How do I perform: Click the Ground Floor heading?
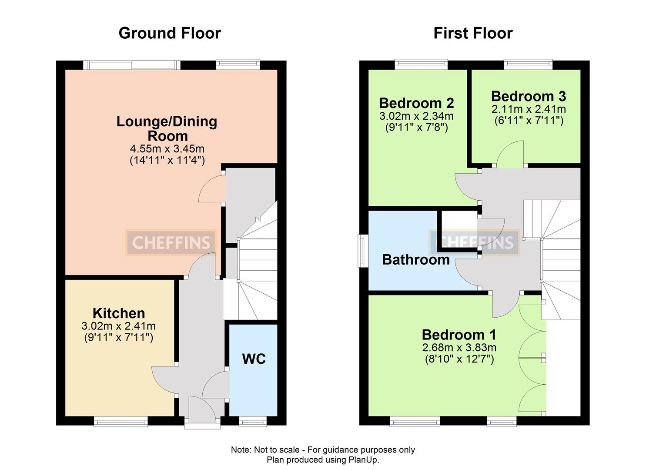170,33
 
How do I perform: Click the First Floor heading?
473,33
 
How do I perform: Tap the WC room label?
254,359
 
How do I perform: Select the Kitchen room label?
119,313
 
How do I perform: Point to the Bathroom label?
415,260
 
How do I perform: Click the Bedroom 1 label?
459,335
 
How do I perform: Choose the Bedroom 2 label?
416,103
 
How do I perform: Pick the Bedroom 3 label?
529,96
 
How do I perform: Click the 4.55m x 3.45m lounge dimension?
167,149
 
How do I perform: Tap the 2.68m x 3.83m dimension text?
459,348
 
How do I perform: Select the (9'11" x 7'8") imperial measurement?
416,128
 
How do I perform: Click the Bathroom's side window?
362,251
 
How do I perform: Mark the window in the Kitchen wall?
120,421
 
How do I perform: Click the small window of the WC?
253,421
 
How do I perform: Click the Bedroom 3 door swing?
510,154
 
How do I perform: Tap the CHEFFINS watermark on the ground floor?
171,242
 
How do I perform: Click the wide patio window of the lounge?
131,65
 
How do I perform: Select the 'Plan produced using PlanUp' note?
323,460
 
